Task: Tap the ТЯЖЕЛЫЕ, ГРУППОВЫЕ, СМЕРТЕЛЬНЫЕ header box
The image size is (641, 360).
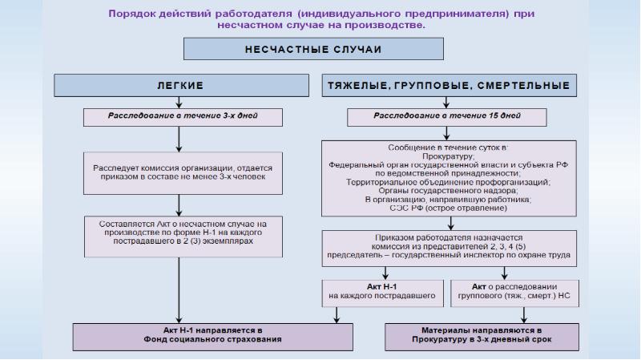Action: click(449, 85)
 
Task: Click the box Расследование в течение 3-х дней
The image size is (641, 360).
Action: click(183, 116)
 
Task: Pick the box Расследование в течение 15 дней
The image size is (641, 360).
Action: click(447, 116)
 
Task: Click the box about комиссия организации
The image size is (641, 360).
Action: click(183, 172)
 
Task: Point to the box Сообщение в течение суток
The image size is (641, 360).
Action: click(448, 179)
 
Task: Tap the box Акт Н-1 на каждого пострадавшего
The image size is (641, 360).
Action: click(382, 291)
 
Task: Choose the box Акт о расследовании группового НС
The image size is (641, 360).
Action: click(514, 291)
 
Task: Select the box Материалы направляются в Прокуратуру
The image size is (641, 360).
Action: click(481, 334)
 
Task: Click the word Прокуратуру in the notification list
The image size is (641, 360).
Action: click(448, 157)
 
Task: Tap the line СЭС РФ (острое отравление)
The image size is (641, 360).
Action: click(448, 208)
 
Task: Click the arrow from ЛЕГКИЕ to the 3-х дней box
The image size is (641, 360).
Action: click(179, 100)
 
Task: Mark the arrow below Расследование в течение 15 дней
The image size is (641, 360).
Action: click(447, 133)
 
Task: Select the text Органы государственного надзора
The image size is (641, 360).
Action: click(448, 191)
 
